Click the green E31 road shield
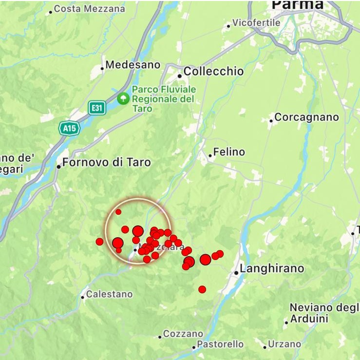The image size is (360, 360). coord(97,108)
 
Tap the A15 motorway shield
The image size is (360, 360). coord(68,128)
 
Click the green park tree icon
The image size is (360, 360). coord(124,99)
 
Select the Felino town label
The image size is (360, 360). coord(229,152)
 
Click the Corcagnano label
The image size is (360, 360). coord(306,118)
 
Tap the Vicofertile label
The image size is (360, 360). coord(256,23)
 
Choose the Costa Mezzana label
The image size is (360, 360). coord(89,9)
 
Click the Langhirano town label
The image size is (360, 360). coord(272,269)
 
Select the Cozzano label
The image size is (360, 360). coord(183,334)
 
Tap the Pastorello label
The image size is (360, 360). coord(220,344)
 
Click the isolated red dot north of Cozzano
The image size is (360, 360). coord(202,289)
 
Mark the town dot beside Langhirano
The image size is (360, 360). coord(236,272)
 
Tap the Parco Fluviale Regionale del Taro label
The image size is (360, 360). coord(164,99)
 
